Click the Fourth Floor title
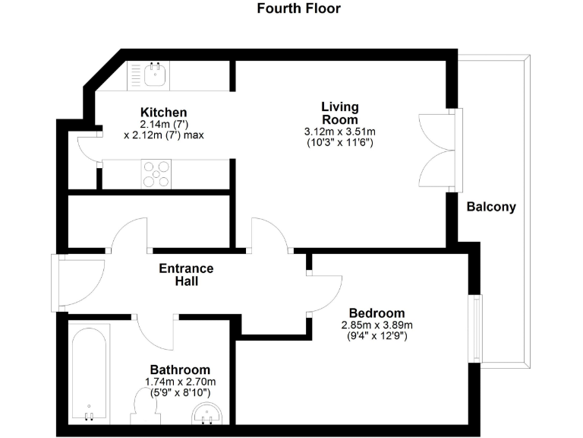coord(298,9)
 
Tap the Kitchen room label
coord(163,113)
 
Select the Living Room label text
coord(339,113)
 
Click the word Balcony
coord(490,207)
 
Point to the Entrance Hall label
coord(186,275)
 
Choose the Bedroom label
coord(377,313)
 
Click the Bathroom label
coord(180,370)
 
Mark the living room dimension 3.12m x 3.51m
coord(339,132)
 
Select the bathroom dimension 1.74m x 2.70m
coord(181,382)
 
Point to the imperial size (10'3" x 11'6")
coord(339,142)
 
